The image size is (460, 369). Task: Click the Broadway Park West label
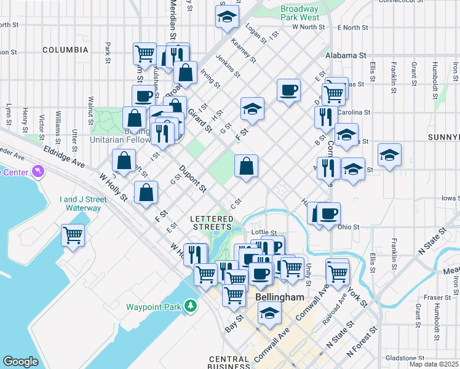pos(299,14)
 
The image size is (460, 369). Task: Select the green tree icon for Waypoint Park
pos(191,306)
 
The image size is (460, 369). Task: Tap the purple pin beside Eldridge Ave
pos(39,170)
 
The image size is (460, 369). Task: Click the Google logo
pos(20,362)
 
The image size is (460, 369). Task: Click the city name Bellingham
pos(279,298)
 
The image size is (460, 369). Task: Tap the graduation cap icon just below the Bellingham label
pos(269,314)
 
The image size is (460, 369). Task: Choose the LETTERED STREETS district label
pos(212,223)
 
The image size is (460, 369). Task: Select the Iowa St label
pos(450,199)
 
